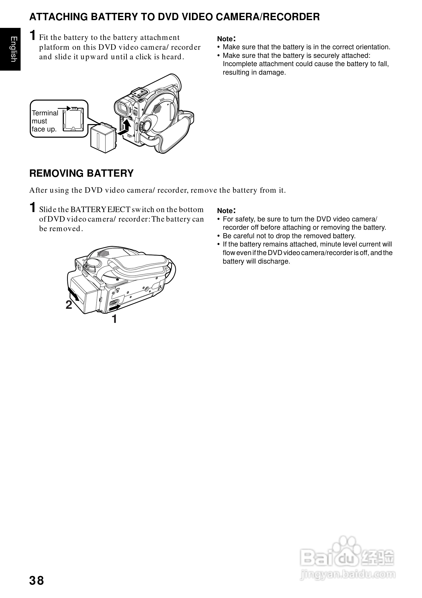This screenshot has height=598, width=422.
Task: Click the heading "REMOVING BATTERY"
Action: click(81, 173)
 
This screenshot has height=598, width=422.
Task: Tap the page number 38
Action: click(37, 581)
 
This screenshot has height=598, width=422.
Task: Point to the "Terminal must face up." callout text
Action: click(44, 121)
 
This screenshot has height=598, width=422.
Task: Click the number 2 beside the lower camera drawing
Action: click(69, 305)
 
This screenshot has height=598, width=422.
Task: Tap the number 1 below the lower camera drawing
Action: click(114, 319)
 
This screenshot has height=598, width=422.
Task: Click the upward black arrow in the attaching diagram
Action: click(127, 124)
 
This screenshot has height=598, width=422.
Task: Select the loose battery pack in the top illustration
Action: click(103, 138)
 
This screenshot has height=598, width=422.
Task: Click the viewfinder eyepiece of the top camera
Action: click(122, 108)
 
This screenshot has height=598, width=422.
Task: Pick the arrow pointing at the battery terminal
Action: click(64, 108)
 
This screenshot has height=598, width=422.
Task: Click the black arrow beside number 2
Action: click(73, 294)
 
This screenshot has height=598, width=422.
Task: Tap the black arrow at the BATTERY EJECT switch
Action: click(115, 308)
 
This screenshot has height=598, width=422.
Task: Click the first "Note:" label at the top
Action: click(226, 39)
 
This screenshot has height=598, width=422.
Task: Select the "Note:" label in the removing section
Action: click(226, 211)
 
